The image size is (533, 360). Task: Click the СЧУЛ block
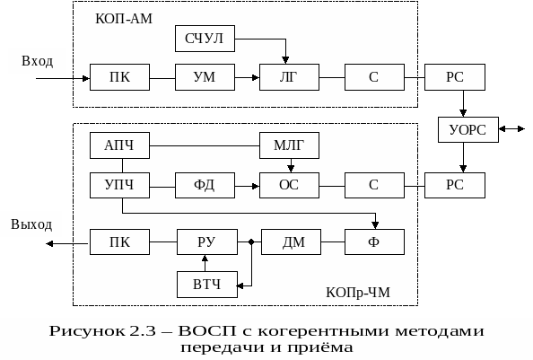click(x=205, y=39)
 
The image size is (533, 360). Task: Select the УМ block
click(x=205, y=77)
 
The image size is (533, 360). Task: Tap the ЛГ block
click(x=289, y=77)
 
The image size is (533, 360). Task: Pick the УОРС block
click(x=468, y=129)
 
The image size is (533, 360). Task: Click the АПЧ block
click(x=119, y=145)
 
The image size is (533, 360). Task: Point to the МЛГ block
click(x=289, y=145)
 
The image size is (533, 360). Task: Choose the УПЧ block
click(x=119, y=185)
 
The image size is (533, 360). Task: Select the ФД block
click(x=205, y=185)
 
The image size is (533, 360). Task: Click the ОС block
click(x=289, y=185)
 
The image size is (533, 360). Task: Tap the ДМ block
click(x=291, y=242)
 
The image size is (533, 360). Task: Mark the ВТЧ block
click(x=207, y=285)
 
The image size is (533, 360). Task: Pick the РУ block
click(x=207, y=242)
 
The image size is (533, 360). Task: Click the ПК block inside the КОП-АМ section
click(x=119, y=77)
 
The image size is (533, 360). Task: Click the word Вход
click(x=38, y=61)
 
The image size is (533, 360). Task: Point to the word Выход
click(x=31, y=224)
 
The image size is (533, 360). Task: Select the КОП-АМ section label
click(x=124, y=19)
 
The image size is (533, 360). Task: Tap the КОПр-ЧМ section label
click(x=358, y=293)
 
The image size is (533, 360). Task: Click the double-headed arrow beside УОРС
click(x=512, y=129)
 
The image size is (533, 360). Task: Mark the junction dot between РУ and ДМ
click(x=251, y=242)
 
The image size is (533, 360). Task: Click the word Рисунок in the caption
click(x=87, y=331)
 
